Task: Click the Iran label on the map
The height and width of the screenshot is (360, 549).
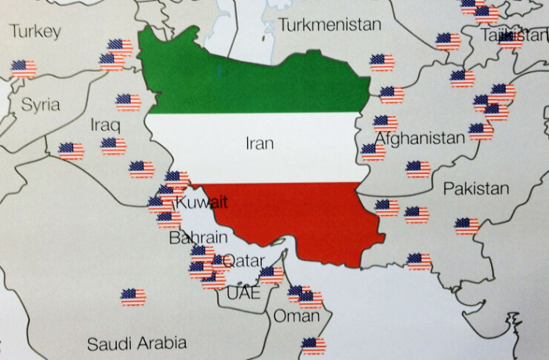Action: pos(260,143)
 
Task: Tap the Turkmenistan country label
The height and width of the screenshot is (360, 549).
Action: pos(329,24)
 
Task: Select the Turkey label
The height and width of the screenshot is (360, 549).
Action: pos(35,31)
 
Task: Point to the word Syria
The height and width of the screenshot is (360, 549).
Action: pos(40,104)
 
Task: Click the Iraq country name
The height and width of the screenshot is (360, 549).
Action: pos(106,125)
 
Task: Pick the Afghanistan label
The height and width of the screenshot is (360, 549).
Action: pos(420,139)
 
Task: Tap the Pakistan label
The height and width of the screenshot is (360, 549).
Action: pos(476,189)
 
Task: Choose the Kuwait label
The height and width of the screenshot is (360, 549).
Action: pos(202,202)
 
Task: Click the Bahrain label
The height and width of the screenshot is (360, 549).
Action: pos(198,237)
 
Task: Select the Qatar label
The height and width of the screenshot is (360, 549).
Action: pos(244,260)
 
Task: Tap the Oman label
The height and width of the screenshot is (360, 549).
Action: pos(296,316)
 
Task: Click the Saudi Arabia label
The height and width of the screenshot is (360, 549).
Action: pos(136,344)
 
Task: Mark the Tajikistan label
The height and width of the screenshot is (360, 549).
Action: pos(514,35)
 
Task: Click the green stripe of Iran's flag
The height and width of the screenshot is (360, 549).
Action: pos(251,78)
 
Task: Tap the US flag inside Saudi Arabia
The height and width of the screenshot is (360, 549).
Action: pos(133,297)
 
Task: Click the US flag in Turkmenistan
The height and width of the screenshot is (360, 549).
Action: pos(382,62)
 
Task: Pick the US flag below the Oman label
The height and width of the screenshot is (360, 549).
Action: pos(314,346)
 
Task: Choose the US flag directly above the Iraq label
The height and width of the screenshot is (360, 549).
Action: pos(128,102)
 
